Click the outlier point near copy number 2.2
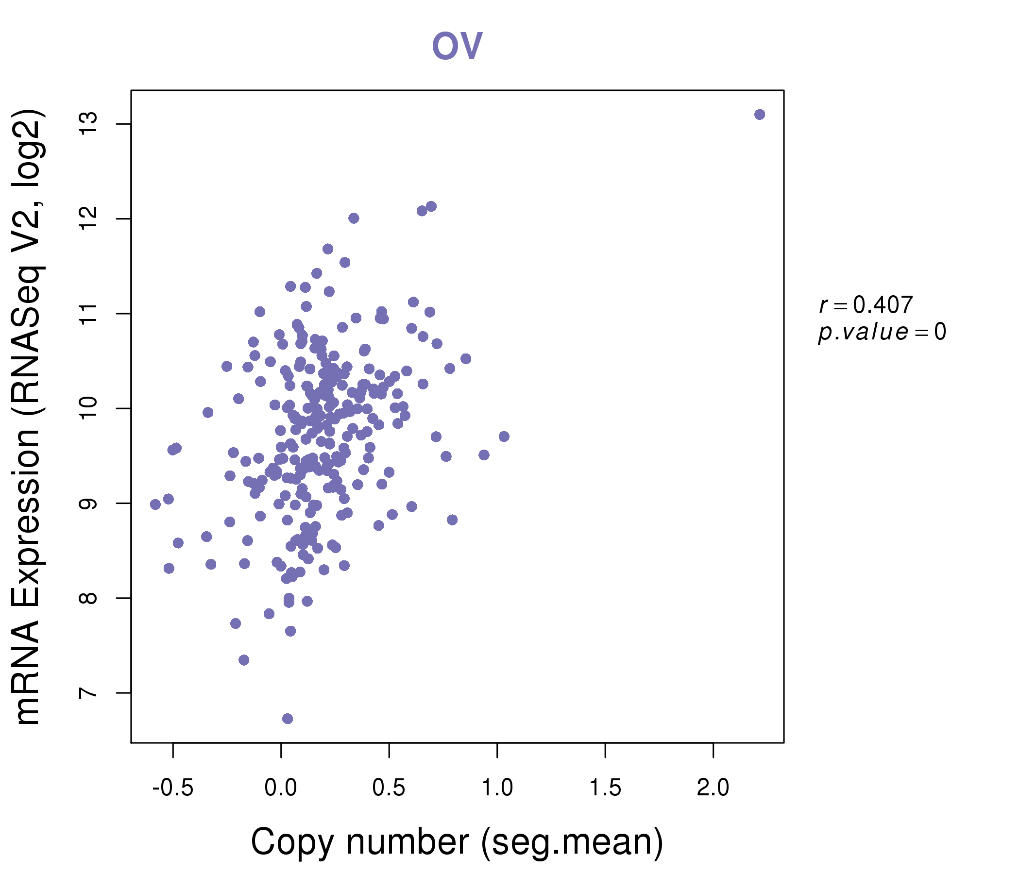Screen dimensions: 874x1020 click(x=759, y=115)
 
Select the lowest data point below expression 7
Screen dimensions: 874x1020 click(x=288, y=719)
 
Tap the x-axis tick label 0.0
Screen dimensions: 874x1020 click(x=281, y=788)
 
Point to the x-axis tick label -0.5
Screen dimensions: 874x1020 click(x=173, y=788)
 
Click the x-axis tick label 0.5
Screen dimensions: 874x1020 click(x=389, y=788)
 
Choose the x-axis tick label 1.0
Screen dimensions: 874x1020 click(x=497, y=788)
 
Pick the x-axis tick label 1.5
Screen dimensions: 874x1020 click(x=605, y=788)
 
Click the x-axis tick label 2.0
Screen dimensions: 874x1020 click(x=713, y=788)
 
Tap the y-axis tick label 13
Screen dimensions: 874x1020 click(x=89, y=124)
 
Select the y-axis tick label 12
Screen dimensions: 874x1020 click(x=89, y=218)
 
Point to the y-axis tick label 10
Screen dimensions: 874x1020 click(x=89, y=408)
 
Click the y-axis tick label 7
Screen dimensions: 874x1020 click(x=89, y=693)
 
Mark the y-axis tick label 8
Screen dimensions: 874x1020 click(x=89, y=598)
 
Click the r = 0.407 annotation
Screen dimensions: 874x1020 click(x=866, y=305)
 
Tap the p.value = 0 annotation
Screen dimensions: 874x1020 click(x=882, y=332)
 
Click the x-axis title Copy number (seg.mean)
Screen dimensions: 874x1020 click(x=457, y=842)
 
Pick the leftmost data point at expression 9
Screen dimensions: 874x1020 click(x=155, y=504)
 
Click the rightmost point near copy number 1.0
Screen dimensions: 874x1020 click(x=504, y=437)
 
